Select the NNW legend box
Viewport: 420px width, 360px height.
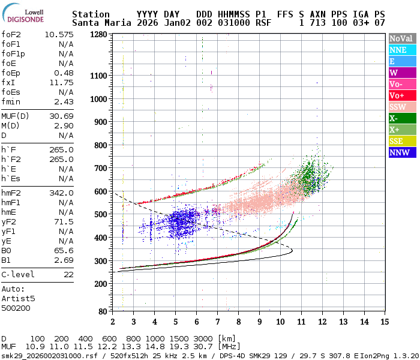(402, 152)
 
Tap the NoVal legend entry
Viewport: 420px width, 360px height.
(402, 38)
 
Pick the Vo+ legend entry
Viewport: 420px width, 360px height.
(402, 95)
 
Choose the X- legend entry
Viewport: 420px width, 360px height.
(402, 118)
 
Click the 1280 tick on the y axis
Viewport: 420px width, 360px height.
(98, 34)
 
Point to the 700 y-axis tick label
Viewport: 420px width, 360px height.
(101, 168)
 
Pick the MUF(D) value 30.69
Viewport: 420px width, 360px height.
(61, 116)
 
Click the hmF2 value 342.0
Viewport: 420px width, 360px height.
(61, 193)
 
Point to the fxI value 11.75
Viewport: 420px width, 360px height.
(61, 82)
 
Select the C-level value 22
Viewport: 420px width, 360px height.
(68, 274)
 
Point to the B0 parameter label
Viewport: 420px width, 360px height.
(7, 250)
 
